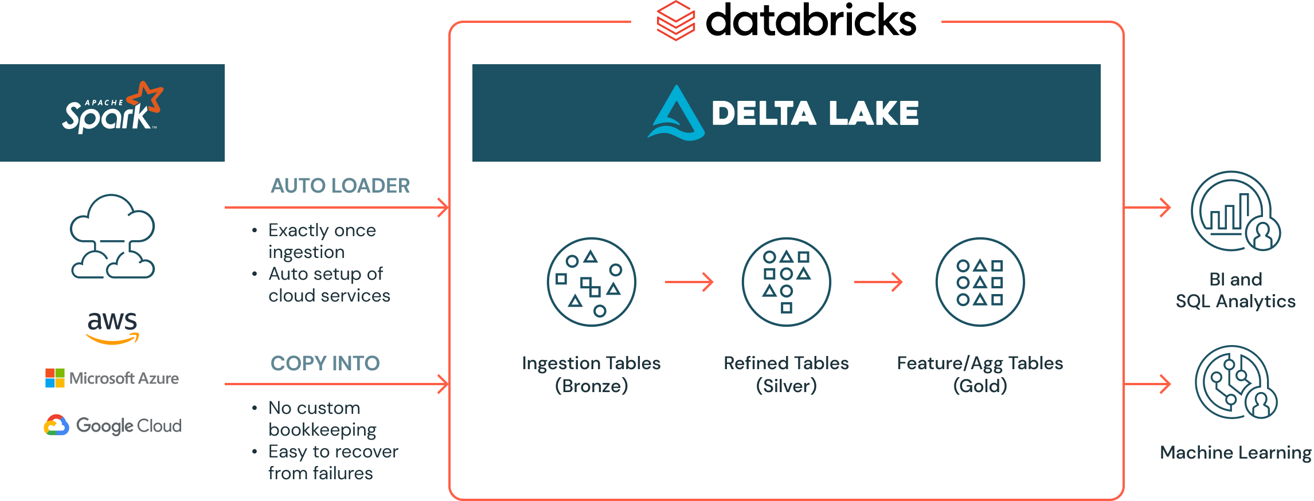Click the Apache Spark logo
pyautogui.click(x=112, y=109)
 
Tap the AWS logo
pyautogui.click(x=112, y=327)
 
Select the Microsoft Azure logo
pyautogui.click(x=112, y=378)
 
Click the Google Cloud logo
pyautogui.click(x=113, y=425)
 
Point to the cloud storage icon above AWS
pyautogui.click(x=112, y=237)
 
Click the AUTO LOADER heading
pyautogui.click(x=340, y=186)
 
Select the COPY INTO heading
pyautogui.click(x=325, y=363)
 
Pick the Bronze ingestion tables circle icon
pyautogui.click(x=591, y=282)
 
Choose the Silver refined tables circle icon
pyautogui.click(x=786, y=282)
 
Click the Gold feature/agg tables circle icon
pyautogui.click(x=980, y=282)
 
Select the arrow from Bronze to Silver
pyautogui.click(x=689, y=282)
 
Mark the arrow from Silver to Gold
pyautogui.click(x=878, y=282)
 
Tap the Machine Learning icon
pyautogui.click(x=1235, y=382)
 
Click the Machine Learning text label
pyautogui.click(x=1235, y=453)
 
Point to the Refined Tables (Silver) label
pyautogui.click(x=786, y=374)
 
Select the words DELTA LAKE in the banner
pyautogui.click(x=815, y=113)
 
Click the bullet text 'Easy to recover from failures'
pyautogui.click(x=333, y=463)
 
